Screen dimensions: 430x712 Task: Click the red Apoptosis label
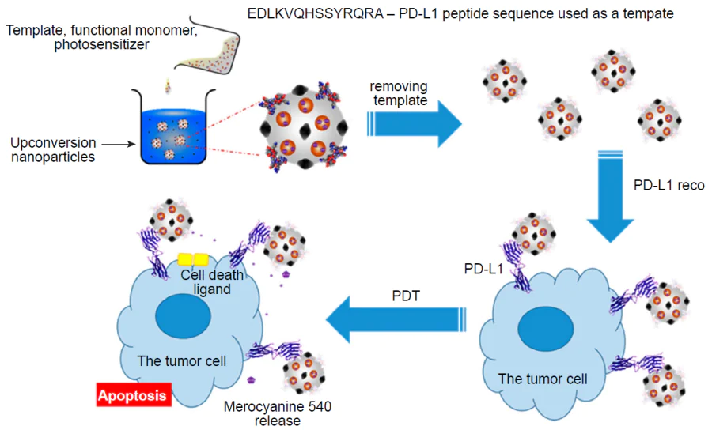point(132,396)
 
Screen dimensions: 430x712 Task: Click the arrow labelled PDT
point(396,319)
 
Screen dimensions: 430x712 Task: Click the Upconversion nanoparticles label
point(53,149)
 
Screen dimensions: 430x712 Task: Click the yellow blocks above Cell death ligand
point(193,259)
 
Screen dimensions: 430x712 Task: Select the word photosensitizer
point(103,45)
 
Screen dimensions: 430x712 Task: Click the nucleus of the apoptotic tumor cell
point(183,318)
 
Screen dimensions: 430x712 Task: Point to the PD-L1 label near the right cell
point(483,270)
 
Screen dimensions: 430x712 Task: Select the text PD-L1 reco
point(669,187)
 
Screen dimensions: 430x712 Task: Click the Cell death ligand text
point(212,282)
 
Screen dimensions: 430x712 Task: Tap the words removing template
point(400,93)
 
